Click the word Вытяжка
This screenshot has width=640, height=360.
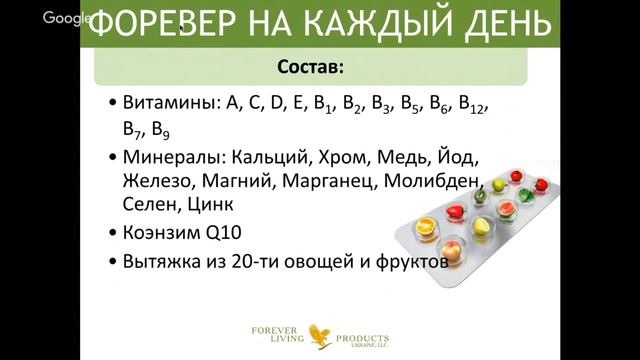[163, 264]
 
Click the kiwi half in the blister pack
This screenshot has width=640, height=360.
[481, 195]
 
